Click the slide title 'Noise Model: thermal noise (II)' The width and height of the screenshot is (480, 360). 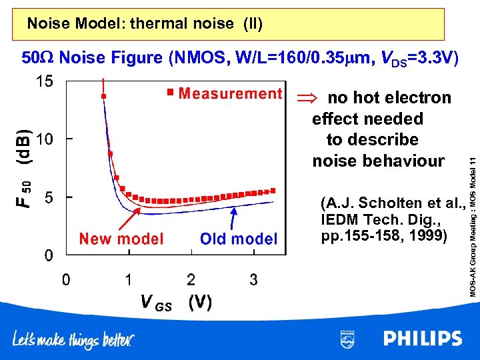click(x=145, y=25)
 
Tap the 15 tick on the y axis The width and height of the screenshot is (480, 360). click(x=45, y=81)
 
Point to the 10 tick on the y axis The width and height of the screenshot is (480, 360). click(x=45, y=139)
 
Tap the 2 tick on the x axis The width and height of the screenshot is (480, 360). click(x=191, y=280)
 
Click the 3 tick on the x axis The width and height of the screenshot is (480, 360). click(x=253, y=280)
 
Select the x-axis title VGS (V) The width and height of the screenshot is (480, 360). click(x=176, y=303)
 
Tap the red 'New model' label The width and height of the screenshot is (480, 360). click(x=121, y=239)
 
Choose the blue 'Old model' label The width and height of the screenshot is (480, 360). click(x=239, y=239)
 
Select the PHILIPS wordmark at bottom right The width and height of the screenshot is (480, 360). click(x=422, y=338)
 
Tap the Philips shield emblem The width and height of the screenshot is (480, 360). click(x=347, y=338)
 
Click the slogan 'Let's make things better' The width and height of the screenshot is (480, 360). click(x=73, y=340)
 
